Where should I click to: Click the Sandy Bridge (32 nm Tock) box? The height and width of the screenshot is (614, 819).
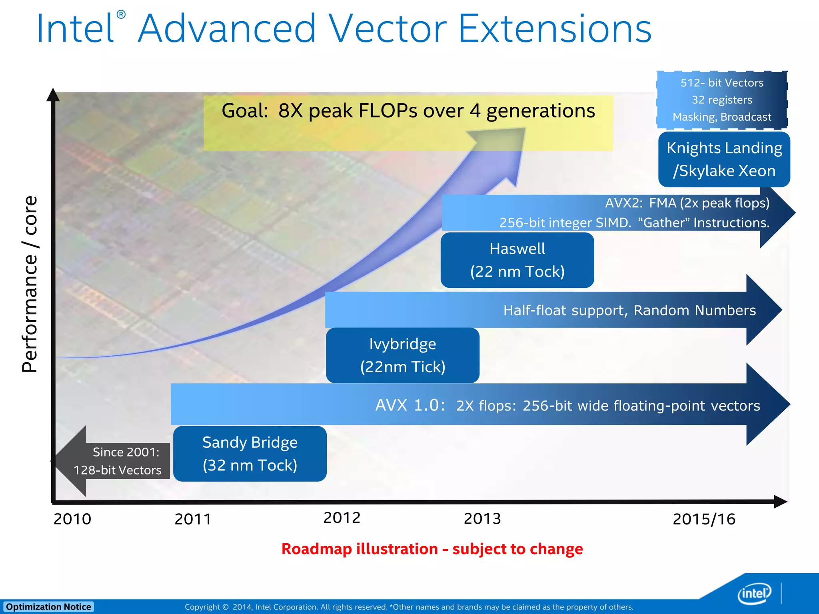click(x=250, y=453)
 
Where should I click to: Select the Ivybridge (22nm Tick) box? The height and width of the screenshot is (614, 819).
click(x=402, y=355)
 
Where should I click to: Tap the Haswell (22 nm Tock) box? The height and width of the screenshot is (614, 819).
click(x=517, y=260)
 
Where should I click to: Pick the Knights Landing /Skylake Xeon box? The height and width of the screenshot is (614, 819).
click(x=724, y=159)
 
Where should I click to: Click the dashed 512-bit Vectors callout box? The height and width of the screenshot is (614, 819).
click(x=722, y=100)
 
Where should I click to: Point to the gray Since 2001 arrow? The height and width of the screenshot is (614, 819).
click(x=112, y=461)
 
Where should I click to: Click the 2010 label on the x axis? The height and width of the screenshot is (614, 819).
click(x=72, y=519)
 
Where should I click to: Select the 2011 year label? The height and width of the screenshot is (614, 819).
click(x=193, y=519)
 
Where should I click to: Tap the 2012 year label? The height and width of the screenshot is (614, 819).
click(x=342, y=518)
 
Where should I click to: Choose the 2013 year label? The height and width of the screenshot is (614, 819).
click(x=482, y=518)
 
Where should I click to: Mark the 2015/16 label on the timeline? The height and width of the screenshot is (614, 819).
click(x=704, y=519)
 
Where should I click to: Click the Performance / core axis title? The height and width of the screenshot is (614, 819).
click(x=30, y=284)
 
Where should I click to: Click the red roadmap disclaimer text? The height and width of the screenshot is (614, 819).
click(x=432, y=549)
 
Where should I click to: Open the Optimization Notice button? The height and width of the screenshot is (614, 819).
click(x=48, y=607)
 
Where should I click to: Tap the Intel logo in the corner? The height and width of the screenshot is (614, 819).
click(x=754, y=594)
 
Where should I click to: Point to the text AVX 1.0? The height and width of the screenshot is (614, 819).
click(x=410, y=405)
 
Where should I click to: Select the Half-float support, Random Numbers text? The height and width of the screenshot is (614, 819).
click(x=629, y=310)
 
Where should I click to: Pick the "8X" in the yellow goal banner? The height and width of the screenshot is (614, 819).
click(x=291, y=111)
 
